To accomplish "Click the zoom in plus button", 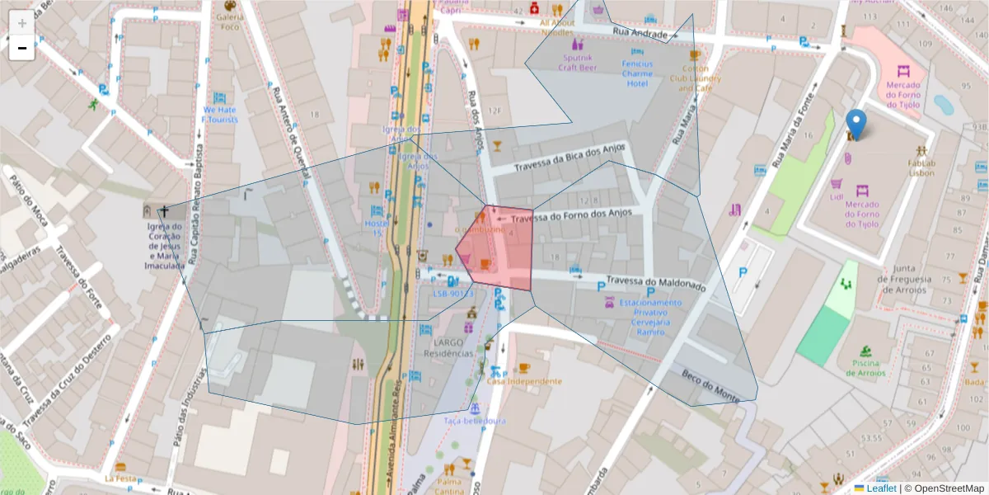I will click(x=21, y=23).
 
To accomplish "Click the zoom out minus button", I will click(x=21, y=49).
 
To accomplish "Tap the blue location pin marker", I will click(x=856, y=124).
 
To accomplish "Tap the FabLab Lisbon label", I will click(x=921, y=167).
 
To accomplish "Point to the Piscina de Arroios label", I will click(x=863, y=368).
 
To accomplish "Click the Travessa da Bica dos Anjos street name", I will click(x=570, y=158).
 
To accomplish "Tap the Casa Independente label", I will click(x=524, y=381).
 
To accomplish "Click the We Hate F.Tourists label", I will click(x=220, y=114).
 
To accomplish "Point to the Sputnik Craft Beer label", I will click(x=578, y=63).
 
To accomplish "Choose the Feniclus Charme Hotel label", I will click(x=637, y=73).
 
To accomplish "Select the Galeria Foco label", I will click(x=229, y=21).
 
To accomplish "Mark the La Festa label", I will click(x=120, y=478).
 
